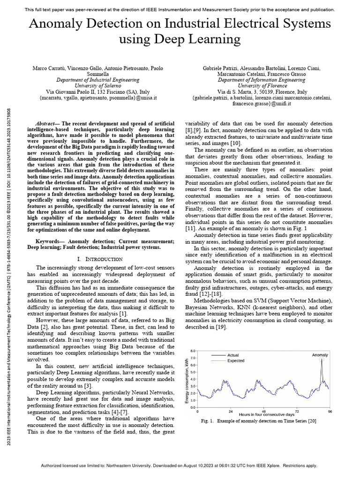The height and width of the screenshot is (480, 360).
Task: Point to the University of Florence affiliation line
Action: (262, 86)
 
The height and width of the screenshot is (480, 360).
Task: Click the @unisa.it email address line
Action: (98, 98)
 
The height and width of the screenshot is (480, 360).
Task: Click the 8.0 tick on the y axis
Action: (192, 351)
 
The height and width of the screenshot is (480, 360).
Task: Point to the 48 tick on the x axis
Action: (263, 411)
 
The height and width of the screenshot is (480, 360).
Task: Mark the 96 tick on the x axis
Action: (330, 411)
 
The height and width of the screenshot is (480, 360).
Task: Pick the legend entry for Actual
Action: (233, 355)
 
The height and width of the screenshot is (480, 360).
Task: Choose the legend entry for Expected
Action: (235, 361)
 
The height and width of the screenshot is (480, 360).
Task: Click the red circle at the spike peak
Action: (322, 360)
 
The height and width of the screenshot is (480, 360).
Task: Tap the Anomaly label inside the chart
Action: (320, 355)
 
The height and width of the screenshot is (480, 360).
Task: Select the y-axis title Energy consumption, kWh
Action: (187, 379)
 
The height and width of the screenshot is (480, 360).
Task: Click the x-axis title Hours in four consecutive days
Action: (266, 415)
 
